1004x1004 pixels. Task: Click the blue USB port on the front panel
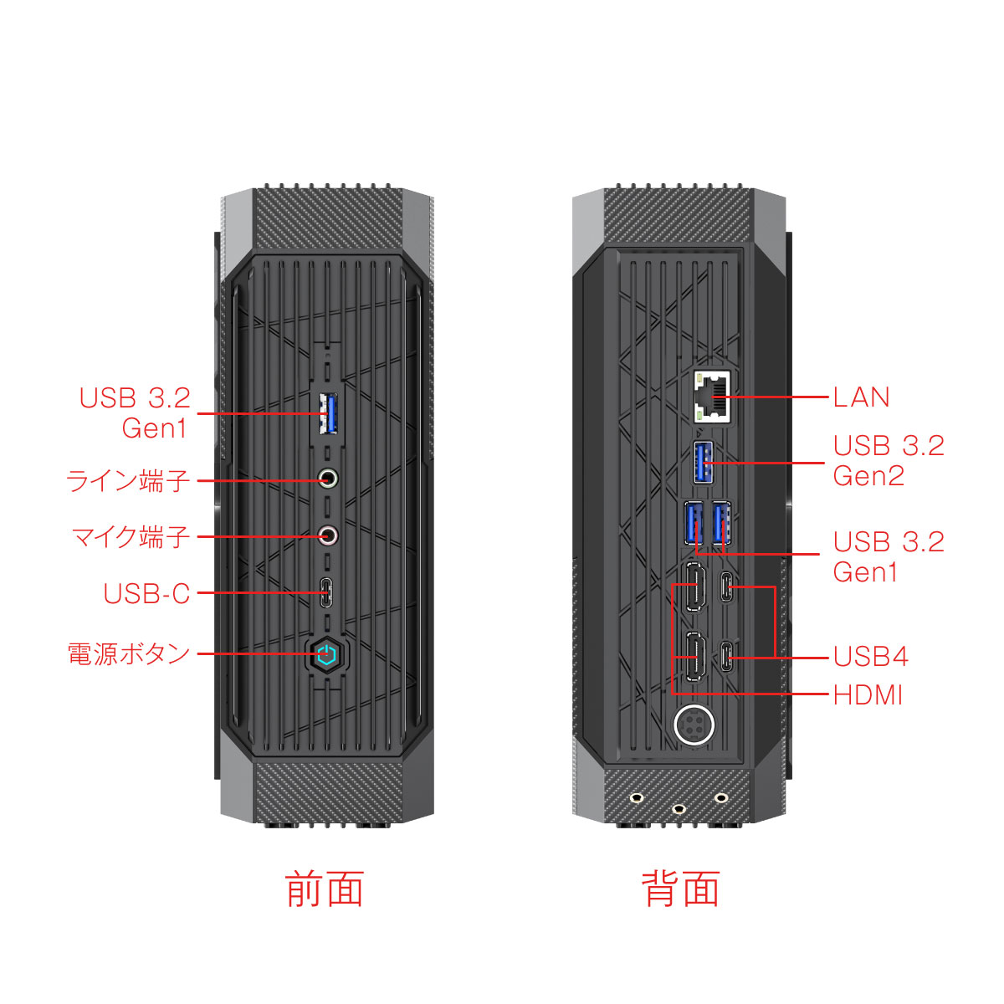tap(328, 413)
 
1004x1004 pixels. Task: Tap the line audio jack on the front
tap(329, 479)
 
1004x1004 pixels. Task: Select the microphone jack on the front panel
tap(329, 535)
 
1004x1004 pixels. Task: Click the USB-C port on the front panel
tap(327, 592)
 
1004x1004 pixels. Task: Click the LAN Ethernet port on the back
tap(711, 396)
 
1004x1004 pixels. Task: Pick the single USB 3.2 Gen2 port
tap(704, 462)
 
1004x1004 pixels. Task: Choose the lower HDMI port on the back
tap(694, 657)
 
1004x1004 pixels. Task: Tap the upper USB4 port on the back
tap(729, 587)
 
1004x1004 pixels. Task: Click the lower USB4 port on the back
tap(728, 657)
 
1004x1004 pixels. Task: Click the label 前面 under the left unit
tap(325, 889)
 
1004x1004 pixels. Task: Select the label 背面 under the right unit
tap(680, 889)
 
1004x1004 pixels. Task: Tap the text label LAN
tap(861, 397)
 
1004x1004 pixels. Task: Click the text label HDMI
tap(868, 695)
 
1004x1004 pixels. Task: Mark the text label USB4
tap(870, 657)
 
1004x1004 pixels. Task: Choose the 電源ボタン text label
tap(129, 653)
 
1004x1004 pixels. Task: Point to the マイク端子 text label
tap(131, 536)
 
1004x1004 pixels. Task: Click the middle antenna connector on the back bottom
tap(679, 808)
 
